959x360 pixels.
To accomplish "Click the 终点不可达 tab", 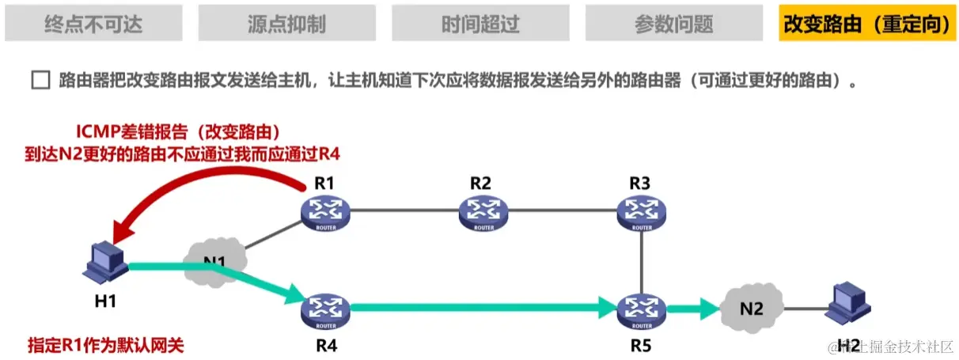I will pyautogui.click(x=93, y=23).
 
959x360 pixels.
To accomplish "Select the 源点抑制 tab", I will pyautogui.click(x=286, y=23).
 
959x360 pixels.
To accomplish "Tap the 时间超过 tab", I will pyautogui.click(x=480, y=23).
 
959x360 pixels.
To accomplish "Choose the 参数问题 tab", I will pyautogui.click(x=674, y=23).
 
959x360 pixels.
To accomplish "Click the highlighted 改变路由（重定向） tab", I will pyautogui.click(x=866, y=23).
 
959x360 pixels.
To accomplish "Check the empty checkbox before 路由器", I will pyautogui.click(x=40, y=81).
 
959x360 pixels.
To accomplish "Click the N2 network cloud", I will pyautogui.click(x=752, y=309).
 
